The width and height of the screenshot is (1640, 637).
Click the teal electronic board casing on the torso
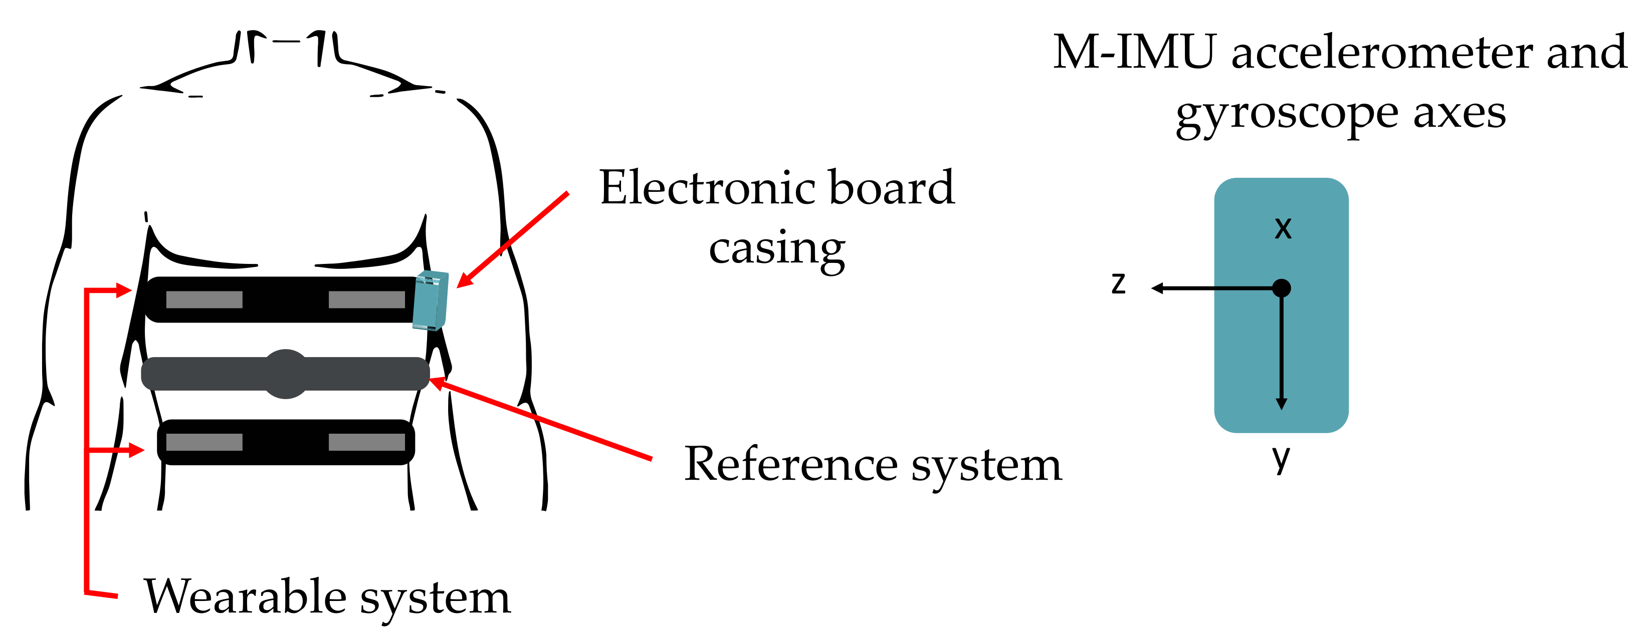tap(431, 300)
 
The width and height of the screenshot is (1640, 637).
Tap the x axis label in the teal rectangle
tap(1283, 228)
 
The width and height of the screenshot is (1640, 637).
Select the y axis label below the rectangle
tap(1281, 458)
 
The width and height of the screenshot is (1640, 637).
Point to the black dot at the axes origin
tap(1281, 288)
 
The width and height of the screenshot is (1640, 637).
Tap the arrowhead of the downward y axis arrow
tap(1282, 404)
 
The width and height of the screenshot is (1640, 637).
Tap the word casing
tap(777, 248)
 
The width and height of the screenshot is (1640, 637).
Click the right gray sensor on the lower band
tap(367, 442)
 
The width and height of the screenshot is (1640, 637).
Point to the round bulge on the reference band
tap(285, 374)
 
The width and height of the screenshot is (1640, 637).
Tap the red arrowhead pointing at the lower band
tap(137, 450)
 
